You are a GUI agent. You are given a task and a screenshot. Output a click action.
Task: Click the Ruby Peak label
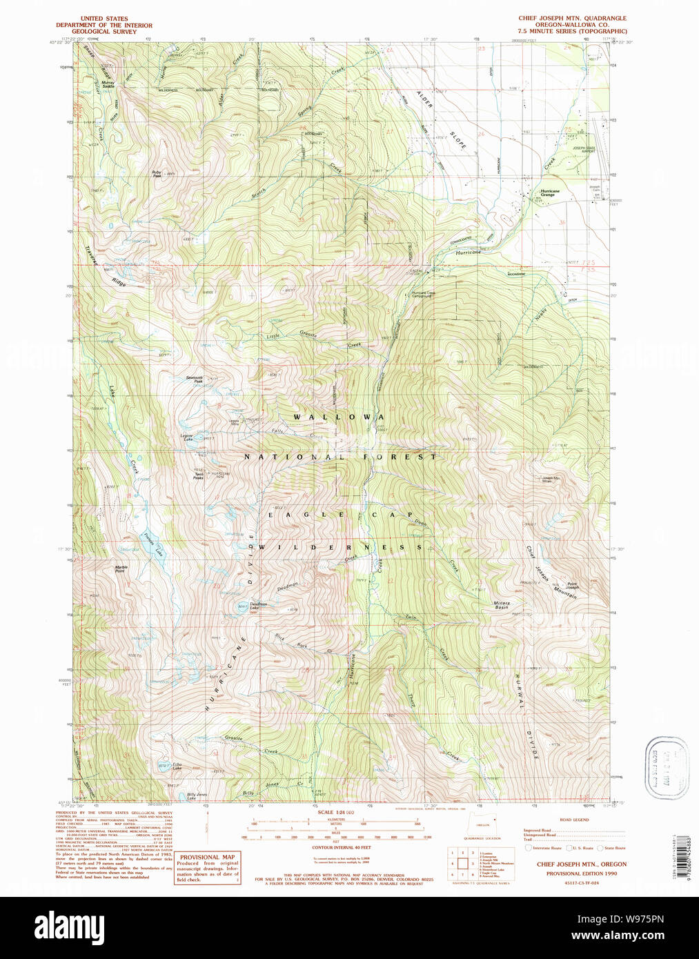tap(157, 174)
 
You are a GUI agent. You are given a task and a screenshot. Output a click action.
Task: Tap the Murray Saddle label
tap(108, 84)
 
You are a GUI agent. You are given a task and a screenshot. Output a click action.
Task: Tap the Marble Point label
tap(120, 569)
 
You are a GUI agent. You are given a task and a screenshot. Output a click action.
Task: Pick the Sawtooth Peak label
tap(195, 379)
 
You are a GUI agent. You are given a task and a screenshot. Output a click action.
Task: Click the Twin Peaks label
tap(199, 475)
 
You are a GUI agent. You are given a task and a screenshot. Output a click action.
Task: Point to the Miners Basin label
tap(502, 605)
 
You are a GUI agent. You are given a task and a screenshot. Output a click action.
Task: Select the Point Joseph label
tap(573, 586)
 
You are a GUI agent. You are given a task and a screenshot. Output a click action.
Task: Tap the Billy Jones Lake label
tap(197, 795)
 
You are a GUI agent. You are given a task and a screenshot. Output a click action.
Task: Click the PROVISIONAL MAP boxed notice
tap(208, 868)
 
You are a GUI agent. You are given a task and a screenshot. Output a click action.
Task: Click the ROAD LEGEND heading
tap(574, 820)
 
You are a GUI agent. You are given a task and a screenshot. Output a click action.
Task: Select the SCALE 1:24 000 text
tap(336, 812)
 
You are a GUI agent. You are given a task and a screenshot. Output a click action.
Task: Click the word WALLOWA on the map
tap(338, 417)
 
